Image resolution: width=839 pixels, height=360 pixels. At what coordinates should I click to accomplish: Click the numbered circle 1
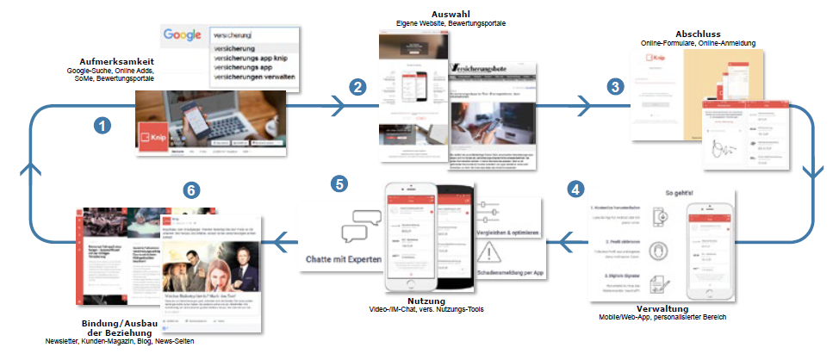[103, 126]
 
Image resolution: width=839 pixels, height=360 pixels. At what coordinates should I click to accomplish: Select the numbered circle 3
[614, 86]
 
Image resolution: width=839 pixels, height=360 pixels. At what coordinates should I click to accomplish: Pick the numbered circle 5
[341, 183]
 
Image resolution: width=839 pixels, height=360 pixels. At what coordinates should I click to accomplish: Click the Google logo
[182, 35]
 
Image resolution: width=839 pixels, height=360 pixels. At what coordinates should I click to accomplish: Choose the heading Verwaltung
[668, 307]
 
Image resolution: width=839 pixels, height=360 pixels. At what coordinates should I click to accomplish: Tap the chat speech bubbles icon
[360, 226]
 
